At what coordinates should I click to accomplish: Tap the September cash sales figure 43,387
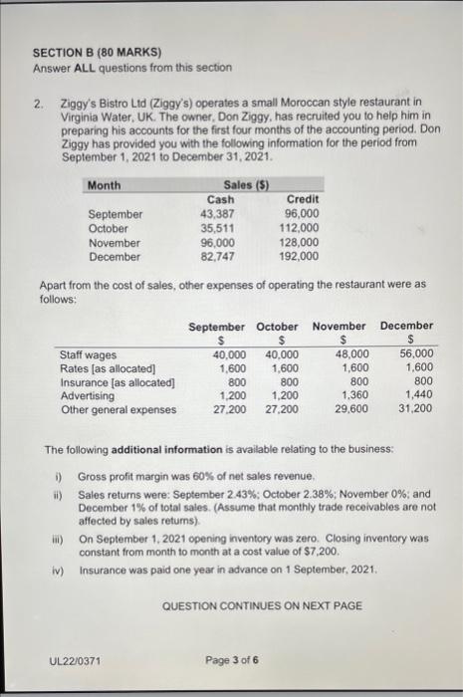pos(217,213)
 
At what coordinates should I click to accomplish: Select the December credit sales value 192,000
pos(298,256)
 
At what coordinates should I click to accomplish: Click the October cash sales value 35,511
pos(217,228)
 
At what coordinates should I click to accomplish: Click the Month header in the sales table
pos(104,185)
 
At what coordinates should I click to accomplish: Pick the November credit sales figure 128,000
pos(298,242)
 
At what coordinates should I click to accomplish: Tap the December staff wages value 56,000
pos(416,353)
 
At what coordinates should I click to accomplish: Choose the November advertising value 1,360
pos(353,395)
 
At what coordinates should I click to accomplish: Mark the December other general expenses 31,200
pos(416,409)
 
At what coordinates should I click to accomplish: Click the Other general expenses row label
pos(117,409)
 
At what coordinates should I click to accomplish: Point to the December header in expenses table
pos(406,326)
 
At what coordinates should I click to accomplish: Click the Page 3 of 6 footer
pos(232,658)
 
